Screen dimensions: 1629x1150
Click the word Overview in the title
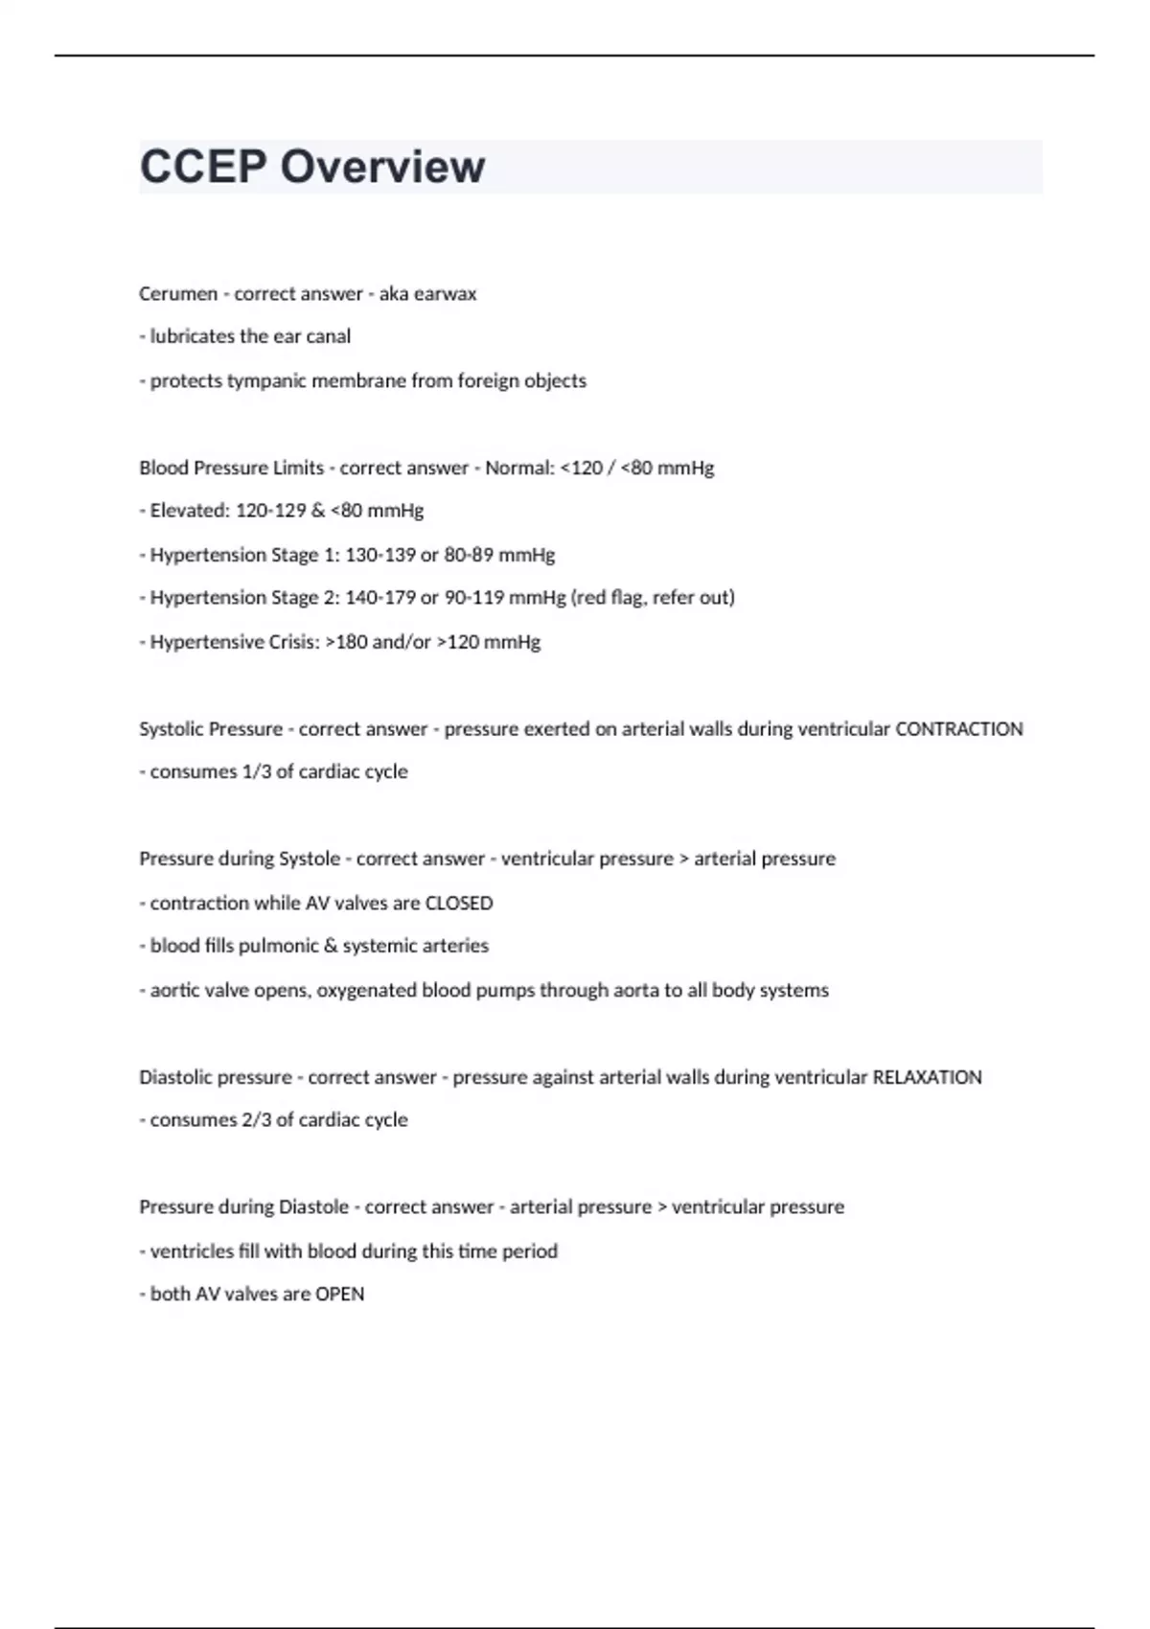coord(382,167)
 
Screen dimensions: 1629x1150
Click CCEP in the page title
coord(203,167)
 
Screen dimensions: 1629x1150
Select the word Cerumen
coord(178,293)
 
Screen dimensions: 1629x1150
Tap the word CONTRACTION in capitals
coord(958,729)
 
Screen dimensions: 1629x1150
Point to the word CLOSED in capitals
coord(458,904)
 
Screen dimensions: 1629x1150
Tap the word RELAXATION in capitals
coord(927,1077)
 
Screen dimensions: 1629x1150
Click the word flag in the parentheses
coord(625,598)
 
